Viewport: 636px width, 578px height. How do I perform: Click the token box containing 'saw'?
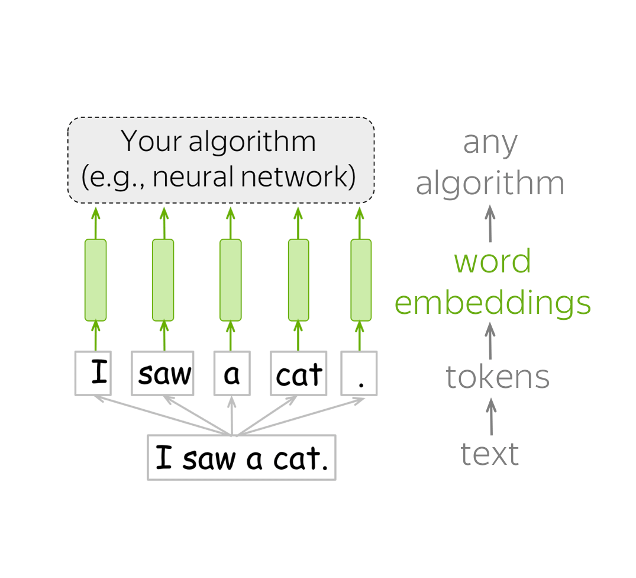pyautogui.click(x=163, y=373)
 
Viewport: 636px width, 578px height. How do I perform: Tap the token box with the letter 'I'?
pyautogui.click(x=93, y=373)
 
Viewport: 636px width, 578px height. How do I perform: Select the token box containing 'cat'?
pyautogui.click(x=299, y=373)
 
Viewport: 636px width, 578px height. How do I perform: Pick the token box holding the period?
pyautogui.click(x=359, y=373)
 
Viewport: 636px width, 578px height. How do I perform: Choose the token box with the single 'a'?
pyautogui.click(x=232, y=373)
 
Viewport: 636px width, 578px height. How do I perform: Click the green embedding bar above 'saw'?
pyautogui.click(x=163, y=280)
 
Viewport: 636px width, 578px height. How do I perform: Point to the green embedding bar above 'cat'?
pyautogui.click(x=299, y=280)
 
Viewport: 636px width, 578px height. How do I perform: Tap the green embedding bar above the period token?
pyautogui.click(x=361, y=280)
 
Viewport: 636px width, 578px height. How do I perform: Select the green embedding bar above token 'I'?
pyautogui.click(x=96, y=280)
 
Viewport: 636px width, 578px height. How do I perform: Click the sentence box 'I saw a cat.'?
pyautogui.click(x=242, y=457)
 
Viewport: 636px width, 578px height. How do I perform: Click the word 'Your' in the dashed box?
pyautogui.click(x=151, y=142)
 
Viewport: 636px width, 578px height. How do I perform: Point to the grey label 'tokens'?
pyautogui.click(x=498, y=377)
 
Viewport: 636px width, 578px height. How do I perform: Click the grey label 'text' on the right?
pyautogui.click(x=490, y=454)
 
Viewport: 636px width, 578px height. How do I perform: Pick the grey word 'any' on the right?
pyautogui.click(x=490, y=144)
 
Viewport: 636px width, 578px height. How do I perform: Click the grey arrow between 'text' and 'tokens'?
pyautogui.click(x=491, y=416)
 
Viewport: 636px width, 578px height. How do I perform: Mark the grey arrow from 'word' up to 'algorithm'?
pyautogui.click(x=490, y=224)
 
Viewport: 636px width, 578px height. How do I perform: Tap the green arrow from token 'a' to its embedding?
pyautogui.click(x=231, y=336)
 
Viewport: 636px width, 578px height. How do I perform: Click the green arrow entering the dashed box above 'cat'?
pyautogui.click(x=298, y=223)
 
